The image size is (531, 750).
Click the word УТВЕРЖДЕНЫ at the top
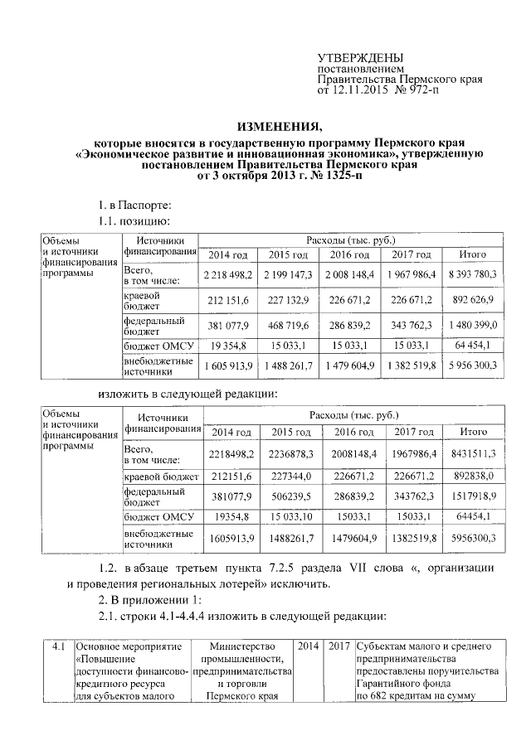tap(361, 57)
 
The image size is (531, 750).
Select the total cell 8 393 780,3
tap(472, 273)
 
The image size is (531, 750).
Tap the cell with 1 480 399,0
tap(472, 326)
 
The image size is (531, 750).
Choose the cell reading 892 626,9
tap(472, 299)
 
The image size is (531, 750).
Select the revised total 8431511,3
tap(472, 453)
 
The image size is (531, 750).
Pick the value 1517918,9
tap(472, 496)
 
